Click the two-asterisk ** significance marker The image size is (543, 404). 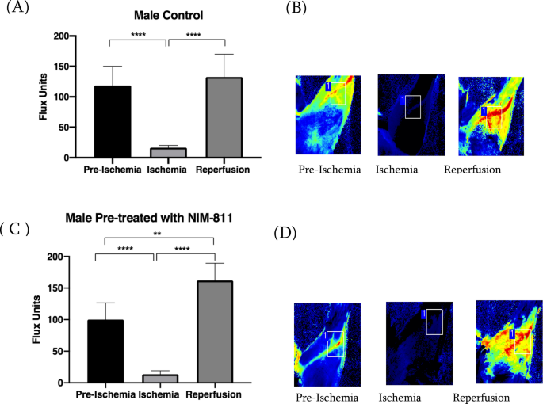(x=158, y=234)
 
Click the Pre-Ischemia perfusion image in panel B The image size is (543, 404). (x=327, y=116)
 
